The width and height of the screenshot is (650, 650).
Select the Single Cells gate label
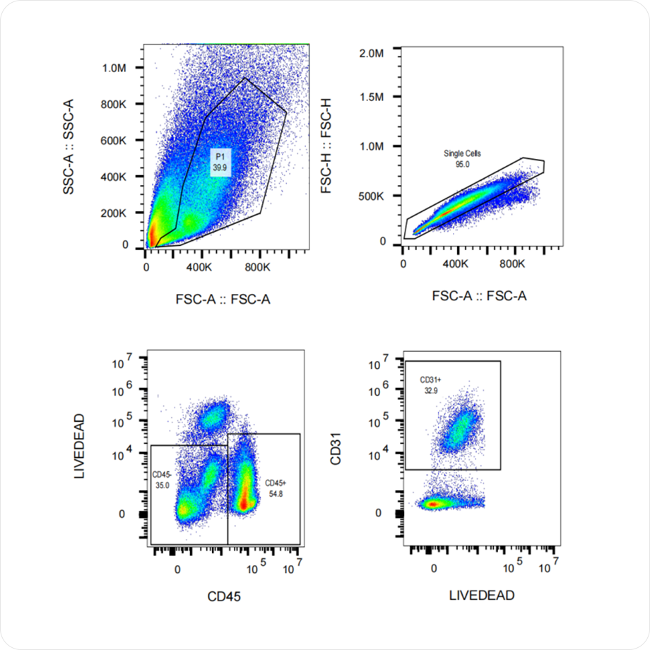(x=458, y=153)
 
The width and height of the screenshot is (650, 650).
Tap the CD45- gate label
(x=163, y=475)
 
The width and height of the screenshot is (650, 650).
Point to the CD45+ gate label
(x=276, y=483)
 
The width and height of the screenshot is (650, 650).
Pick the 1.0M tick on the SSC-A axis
(x=114, y=68)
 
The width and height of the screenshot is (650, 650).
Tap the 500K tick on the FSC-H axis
(x=370, y=196)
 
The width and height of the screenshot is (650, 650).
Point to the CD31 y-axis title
(x=338, y=452)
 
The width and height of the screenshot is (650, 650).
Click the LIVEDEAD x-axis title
(x=482, y=596)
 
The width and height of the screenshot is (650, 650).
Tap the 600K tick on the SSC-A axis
(x=114, y=141)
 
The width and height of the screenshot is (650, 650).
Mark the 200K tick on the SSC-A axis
(x=114, y=213)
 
